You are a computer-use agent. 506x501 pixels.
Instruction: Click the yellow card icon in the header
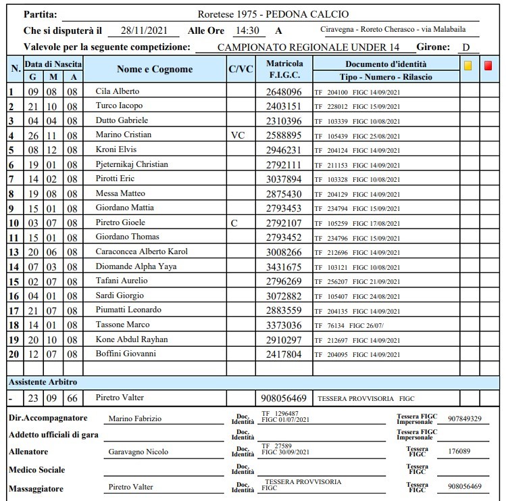click(467, 66)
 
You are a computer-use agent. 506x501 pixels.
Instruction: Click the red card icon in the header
click(488, 66)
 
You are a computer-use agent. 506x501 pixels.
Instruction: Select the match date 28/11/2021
click(146, 31)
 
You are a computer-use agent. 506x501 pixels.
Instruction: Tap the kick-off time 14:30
click(246, 31)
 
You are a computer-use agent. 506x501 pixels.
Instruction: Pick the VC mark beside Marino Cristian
click(238, 135)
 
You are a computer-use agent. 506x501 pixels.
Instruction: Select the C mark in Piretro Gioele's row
click(234, 222)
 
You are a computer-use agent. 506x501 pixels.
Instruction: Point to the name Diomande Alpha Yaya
click(136, 266)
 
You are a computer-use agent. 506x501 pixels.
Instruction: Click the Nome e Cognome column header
click(155, 70)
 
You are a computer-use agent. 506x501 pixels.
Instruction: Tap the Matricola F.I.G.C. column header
click(284, 70)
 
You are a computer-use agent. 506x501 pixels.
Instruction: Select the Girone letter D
click(465, 47)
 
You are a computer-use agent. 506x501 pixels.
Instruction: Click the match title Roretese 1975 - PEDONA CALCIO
click(273, 15)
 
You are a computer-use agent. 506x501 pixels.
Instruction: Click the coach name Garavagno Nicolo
click(138, 452)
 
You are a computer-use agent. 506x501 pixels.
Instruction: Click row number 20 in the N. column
click(12, 354)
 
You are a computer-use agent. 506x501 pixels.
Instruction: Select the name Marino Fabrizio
click(136, 419)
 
